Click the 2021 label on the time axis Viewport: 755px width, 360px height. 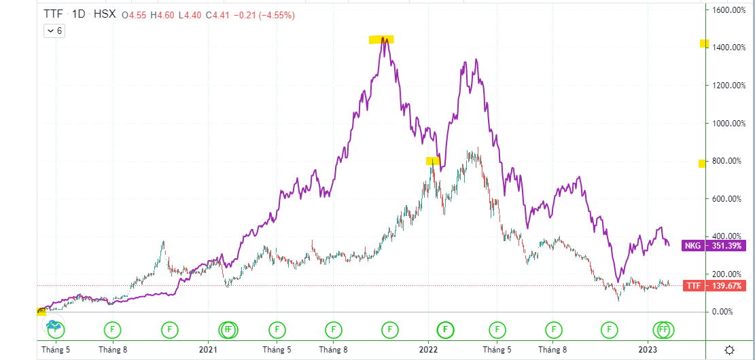point(208,350)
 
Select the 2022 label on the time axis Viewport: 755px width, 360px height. point(428,350)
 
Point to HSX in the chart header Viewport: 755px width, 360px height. point(106,14)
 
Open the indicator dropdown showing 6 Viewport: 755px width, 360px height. point(54,31)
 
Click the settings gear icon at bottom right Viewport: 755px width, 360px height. point(729,350)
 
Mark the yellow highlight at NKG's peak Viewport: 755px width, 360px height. point(381,39)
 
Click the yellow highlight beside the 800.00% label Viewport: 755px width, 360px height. point(702,164)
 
